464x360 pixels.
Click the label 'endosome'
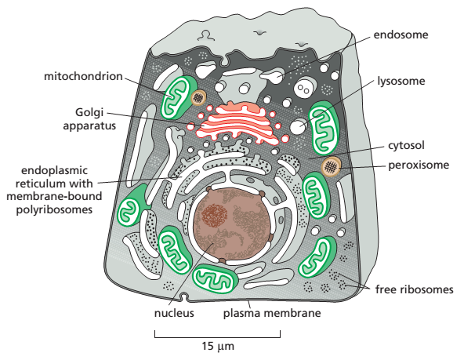point(401,35)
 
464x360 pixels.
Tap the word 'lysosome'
point(401,81)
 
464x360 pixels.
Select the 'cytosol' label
point(406,145)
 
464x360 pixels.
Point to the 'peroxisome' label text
point(419,165)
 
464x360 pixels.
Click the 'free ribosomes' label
point(415,289)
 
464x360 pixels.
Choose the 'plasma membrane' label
point(272,313)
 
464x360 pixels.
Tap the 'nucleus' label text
point(174,313)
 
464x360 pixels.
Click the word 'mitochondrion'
point(83,76)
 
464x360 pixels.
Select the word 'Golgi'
point(89,113)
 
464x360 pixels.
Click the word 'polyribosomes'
point(54,209)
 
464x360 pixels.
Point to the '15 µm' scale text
point(218,346)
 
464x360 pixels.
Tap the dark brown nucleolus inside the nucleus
point(215,214)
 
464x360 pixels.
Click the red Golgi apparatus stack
point(239,124)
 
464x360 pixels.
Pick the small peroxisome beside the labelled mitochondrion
point(198,97)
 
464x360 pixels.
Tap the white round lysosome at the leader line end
point(298,127)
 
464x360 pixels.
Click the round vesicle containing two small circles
point(304,88)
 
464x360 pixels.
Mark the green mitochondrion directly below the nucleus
point(215,279)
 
